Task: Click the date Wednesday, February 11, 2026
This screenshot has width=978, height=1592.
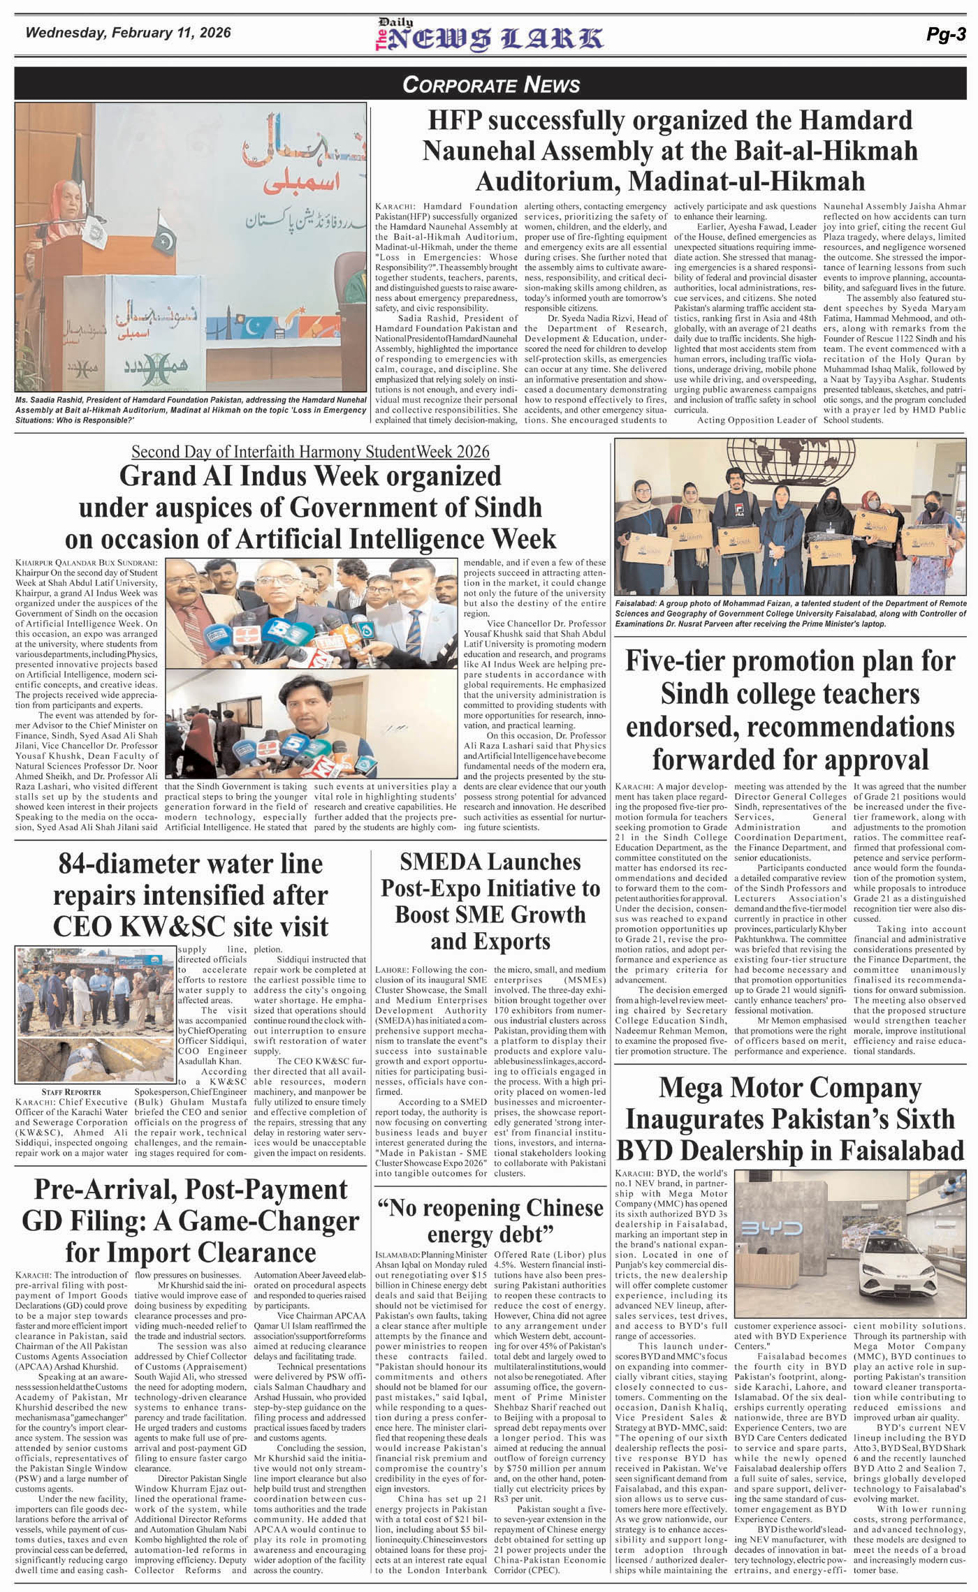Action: [128, 33]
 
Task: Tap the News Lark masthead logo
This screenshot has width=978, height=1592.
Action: [489, 37]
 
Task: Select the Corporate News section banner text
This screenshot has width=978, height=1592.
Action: [491, 85]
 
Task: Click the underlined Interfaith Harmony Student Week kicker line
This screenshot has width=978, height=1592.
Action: [310, 451]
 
